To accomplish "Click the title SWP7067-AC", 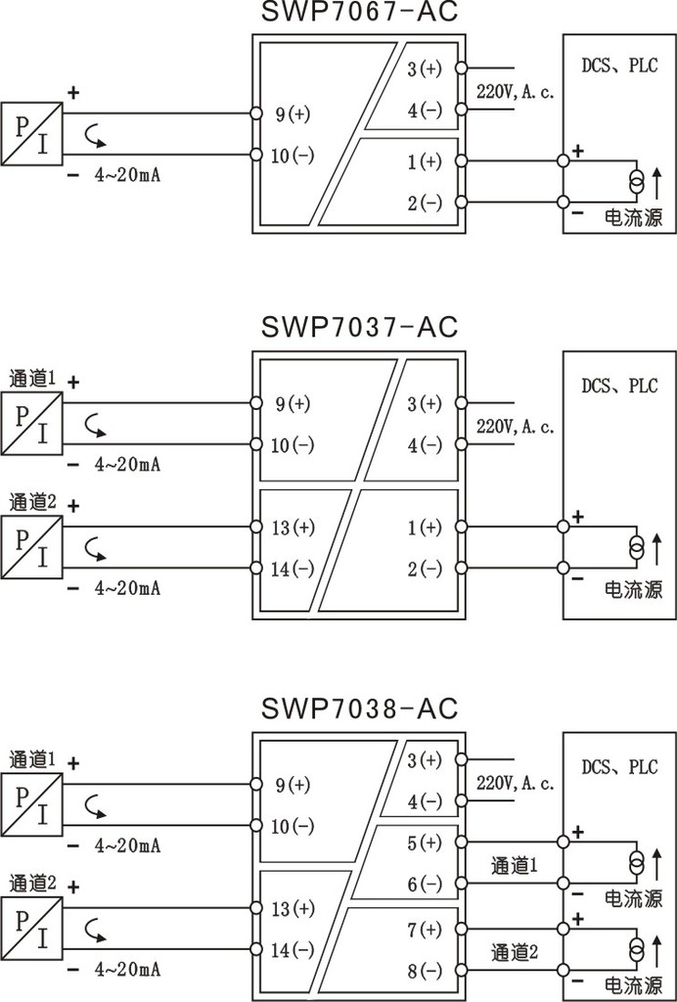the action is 360,12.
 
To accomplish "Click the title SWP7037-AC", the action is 360,327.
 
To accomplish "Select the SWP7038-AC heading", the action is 360,708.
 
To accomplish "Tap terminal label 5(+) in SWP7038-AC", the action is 425,843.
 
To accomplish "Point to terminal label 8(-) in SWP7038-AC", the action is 425,971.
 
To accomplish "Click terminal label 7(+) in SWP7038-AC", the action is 425,930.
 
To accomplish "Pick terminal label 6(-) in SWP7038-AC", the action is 425,885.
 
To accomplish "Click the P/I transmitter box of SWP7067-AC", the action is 31,134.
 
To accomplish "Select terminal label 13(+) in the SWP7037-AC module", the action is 293,527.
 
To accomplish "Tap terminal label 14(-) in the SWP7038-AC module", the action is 293,950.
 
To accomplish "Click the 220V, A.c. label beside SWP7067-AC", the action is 516,92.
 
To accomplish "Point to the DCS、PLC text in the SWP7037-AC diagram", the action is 619,386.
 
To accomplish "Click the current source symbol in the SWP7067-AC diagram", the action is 636,182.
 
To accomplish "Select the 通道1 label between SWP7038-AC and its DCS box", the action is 515,866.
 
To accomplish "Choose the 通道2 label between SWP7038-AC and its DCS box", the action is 515,952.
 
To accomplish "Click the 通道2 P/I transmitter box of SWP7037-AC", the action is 31,547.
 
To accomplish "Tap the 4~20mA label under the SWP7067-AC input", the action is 127,175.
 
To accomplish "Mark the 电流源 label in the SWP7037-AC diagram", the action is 634,589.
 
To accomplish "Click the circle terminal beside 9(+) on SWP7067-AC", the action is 256,114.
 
